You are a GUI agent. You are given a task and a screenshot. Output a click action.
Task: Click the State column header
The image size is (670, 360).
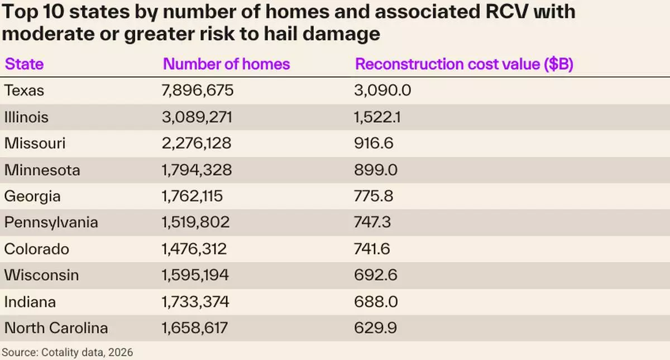[x=24, y=64]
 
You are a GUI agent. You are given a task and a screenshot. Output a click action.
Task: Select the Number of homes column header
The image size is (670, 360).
[x=226, y=64]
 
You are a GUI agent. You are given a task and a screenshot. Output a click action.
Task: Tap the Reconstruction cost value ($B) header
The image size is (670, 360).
[x=465, y=64]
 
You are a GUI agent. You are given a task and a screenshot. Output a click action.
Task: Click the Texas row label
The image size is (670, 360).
[x=24, y=90]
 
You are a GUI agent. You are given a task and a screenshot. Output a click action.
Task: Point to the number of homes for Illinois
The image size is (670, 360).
[x=195, y=117]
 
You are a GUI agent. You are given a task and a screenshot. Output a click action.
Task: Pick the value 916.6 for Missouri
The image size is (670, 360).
[x=374, y=143]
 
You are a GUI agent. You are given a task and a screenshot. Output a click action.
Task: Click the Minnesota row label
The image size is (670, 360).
[x=42, y=170]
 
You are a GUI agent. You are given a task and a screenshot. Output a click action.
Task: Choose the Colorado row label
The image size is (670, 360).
[x=36, y=249]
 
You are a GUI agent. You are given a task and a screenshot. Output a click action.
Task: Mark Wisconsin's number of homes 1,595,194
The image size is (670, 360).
[x=195, y=275]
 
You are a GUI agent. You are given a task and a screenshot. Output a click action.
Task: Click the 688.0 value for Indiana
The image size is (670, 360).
[x=375, y=302]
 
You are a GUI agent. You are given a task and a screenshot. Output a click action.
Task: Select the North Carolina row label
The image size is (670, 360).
[x=56, y=328]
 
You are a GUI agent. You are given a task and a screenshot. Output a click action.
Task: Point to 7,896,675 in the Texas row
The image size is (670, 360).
[x=197, y=90]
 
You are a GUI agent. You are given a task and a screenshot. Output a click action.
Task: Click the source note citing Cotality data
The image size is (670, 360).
[x=68, y=353]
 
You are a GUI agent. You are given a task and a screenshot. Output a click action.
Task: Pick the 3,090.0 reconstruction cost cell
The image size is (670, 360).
[x=382, y=90]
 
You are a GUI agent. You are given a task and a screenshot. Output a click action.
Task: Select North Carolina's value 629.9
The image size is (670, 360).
[x=375, y=328]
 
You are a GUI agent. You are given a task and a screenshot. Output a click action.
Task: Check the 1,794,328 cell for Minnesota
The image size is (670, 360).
[x=197, y=170]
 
